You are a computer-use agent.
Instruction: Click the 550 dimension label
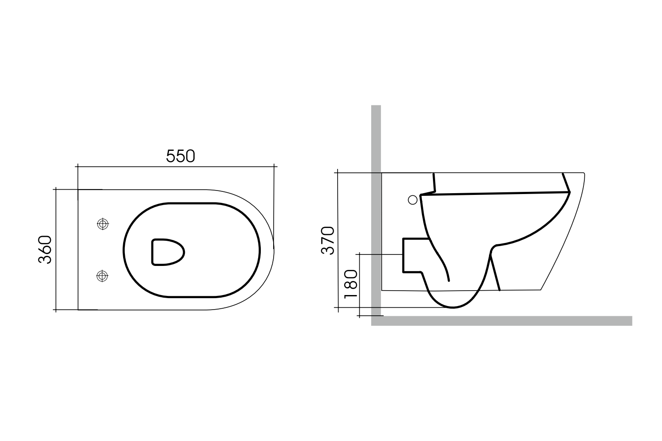point(181,156)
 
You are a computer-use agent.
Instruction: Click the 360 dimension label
point(45,250)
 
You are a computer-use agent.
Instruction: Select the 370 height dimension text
point(328,240)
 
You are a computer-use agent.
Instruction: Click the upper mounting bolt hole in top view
point(102,224)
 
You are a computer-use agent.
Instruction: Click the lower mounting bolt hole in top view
point(102,276)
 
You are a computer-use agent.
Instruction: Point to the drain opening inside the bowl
point(167,253)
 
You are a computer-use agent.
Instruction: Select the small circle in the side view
point(413,200)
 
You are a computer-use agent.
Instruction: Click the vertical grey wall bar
point(376,212)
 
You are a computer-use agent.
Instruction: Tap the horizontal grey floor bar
point(503,321)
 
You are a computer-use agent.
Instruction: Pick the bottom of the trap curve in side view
point(454,307)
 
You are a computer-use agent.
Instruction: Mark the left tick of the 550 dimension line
point(78,167)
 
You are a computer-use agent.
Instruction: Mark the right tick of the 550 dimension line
point(275,167)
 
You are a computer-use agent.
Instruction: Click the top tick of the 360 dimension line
point(56,189)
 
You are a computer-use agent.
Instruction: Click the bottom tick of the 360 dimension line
point(56,310)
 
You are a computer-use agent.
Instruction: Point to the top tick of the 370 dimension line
point(338,172)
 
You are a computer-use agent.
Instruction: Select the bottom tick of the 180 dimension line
point(360,316)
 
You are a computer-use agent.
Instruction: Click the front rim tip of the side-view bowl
point(584,174)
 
